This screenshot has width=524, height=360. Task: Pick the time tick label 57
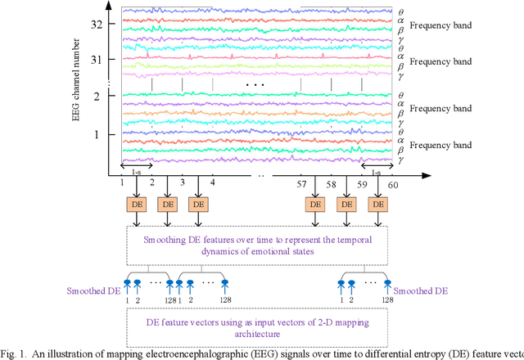pos(302,187)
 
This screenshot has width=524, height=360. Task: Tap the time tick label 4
pos(212,187)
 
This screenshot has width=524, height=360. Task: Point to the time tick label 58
pos(332,187)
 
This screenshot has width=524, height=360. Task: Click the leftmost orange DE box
pos(137,204)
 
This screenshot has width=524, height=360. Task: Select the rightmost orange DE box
pos(377,204)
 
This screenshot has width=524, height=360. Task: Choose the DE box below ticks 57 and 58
pos(317,204)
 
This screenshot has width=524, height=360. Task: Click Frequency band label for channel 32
pos(440,25)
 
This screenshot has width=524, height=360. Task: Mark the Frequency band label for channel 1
pos(440,145)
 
